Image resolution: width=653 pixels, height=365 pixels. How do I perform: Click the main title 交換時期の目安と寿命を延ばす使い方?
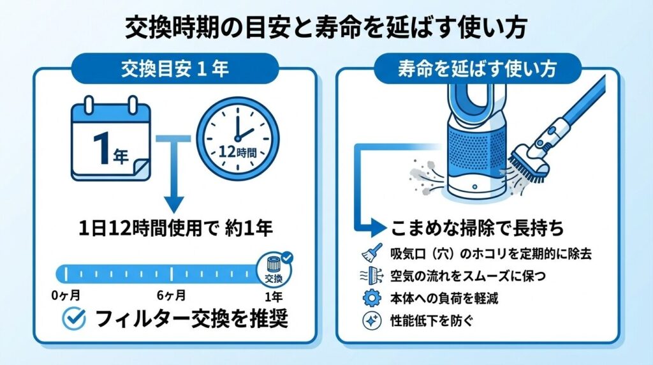tap(326, 29)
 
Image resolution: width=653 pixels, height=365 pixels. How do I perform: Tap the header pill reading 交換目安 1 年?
tap(174, 70)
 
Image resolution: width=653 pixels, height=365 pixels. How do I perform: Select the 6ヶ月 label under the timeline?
tap(171, 296)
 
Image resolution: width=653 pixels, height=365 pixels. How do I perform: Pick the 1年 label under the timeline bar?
tap(274, 296)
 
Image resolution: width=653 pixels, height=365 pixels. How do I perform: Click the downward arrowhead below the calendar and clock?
tap(173, 204)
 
